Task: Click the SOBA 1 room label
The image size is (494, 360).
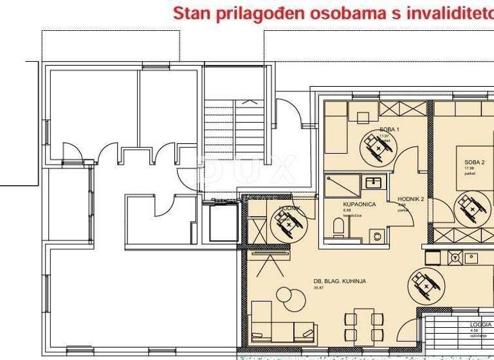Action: pos(389,129)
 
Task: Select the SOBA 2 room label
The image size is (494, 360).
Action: pos(474,163)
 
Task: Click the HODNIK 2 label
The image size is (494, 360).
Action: pos(410,199)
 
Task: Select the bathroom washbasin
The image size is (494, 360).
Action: pos(373,183)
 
